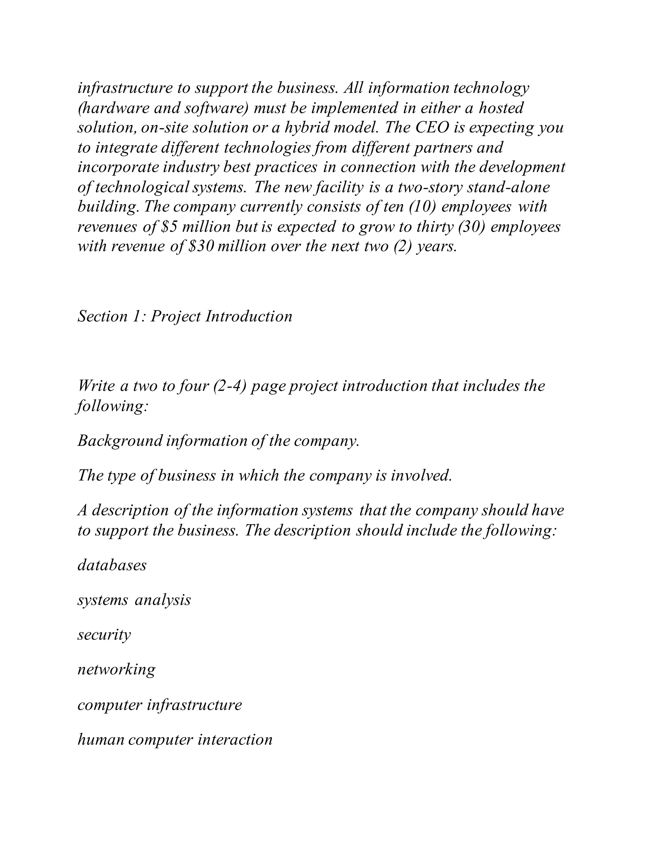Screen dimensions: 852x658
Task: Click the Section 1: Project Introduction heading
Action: (x=185, y=316)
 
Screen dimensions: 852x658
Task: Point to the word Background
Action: (x=120, y=441)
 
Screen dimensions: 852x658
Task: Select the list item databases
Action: (x=112, y=565)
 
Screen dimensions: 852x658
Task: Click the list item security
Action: (x=104, y=635)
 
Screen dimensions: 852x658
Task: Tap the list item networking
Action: (x=116, y=670)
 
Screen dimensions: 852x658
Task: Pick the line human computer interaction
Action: (x=175, y=739)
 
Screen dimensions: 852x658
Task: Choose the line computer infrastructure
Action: (x=159, y=704)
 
